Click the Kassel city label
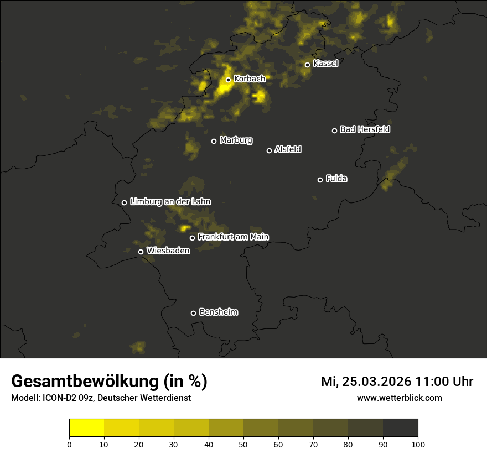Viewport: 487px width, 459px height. coord(325,64)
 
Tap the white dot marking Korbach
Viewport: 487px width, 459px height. coord(228,80)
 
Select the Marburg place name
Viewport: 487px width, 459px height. coord(236,140)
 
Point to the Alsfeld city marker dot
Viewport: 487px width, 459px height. coord(270,150)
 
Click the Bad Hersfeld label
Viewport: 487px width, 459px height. coord(365,129)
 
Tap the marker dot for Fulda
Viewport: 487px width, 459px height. coord(320,180)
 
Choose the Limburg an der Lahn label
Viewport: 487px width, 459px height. coord(170,202)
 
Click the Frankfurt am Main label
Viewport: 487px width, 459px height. coord(233,237)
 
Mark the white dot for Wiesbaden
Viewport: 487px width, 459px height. coord(141,252)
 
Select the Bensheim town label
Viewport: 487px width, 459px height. coord(218,312)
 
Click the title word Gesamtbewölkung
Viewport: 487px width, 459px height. coord(86,382)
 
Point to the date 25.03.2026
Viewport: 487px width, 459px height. coord(377,382)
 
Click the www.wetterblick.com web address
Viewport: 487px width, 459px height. coord(399,398)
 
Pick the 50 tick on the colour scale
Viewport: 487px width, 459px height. coord(244,444)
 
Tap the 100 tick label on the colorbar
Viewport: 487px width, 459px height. coord(418,444)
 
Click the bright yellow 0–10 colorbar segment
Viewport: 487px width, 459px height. coord(87,428)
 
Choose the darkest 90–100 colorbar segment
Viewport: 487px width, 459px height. coord(400,428)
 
